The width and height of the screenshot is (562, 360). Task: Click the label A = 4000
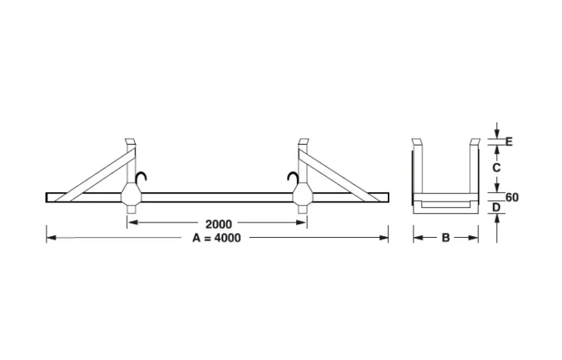217,238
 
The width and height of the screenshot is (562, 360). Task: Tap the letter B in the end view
446,238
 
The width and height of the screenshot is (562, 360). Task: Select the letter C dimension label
497,168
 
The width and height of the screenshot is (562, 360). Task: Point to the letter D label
497,208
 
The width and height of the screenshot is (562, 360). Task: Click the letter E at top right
508,141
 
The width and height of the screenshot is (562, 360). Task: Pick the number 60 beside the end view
511,196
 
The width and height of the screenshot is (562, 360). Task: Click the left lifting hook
143,178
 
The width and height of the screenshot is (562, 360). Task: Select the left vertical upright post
129,165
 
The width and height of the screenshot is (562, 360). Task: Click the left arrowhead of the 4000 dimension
50,238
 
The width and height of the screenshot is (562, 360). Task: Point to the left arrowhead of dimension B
417,238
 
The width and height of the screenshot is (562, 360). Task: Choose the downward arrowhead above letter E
497,133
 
